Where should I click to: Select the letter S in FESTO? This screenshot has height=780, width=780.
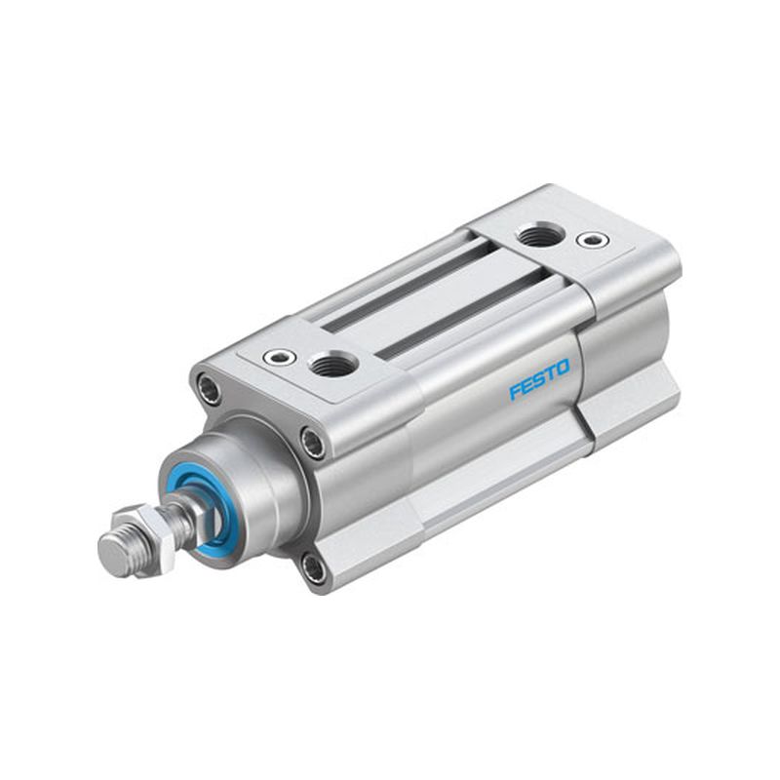[x=539, y=379]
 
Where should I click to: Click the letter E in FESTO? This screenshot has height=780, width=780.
[x=526, y=384]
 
